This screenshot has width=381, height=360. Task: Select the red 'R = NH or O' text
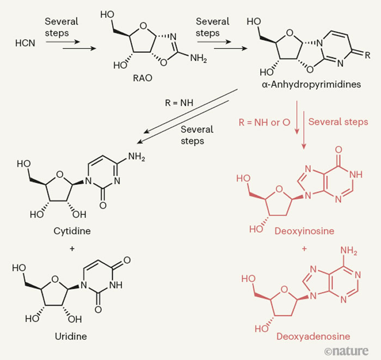coord(263,122)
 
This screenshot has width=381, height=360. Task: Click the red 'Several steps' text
coord(338,122)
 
